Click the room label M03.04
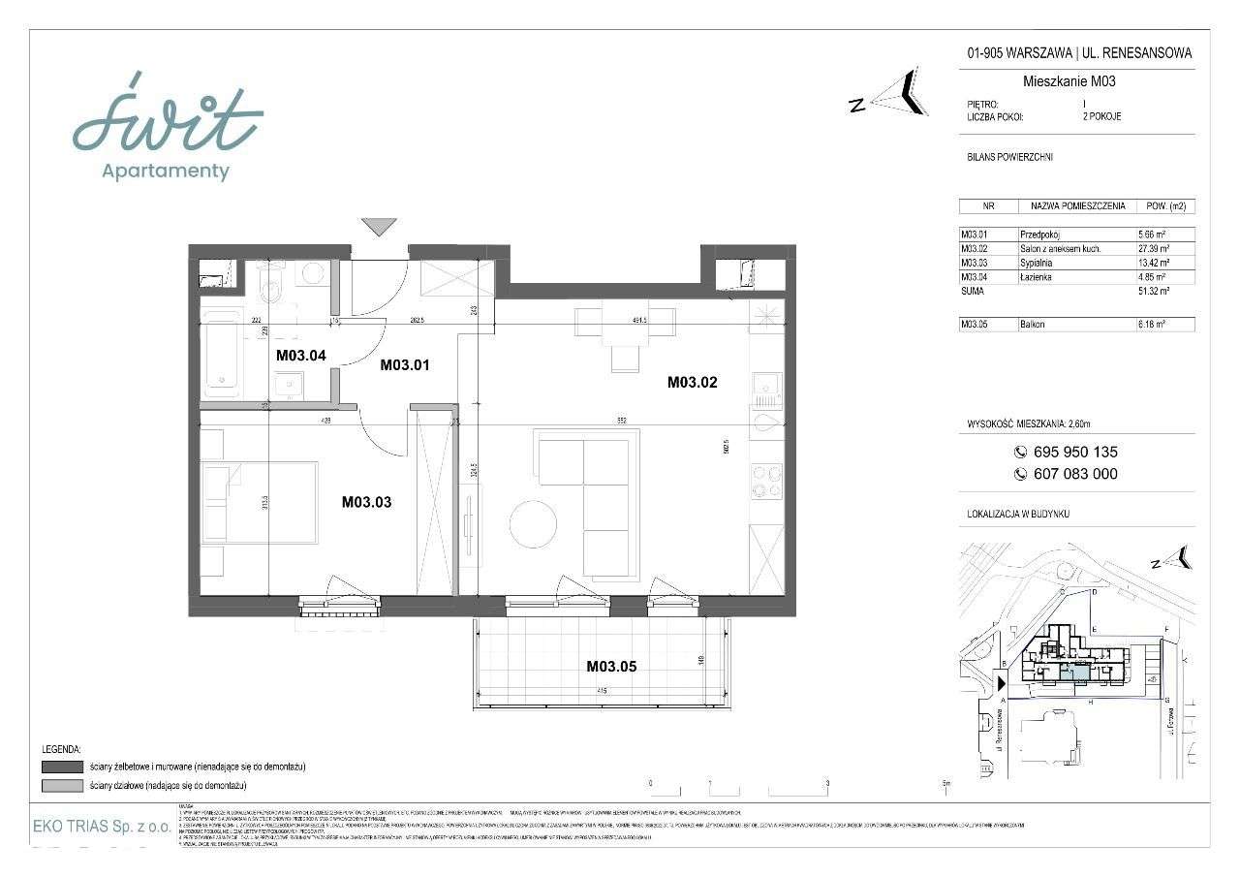(300, 355)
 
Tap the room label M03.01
(404, 365)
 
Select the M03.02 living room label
(692, 383)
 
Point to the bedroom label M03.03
(366, 502)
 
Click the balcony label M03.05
(610, 666)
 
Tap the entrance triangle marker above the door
(379, 227)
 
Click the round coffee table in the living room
(533, 523)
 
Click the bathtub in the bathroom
(223, 353)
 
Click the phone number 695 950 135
(1074, 452)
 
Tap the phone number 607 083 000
(1074, 474)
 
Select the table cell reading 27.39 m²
(1155, 249)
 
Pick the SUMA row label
(974, 291)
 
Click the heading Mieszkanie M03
(1069, 81)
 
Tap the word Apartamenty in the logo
(166, 172)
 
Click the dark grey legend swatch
(62, 767)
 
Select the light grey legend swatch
(62, 784)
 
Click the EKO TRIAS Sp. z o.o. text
(101, 828)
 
